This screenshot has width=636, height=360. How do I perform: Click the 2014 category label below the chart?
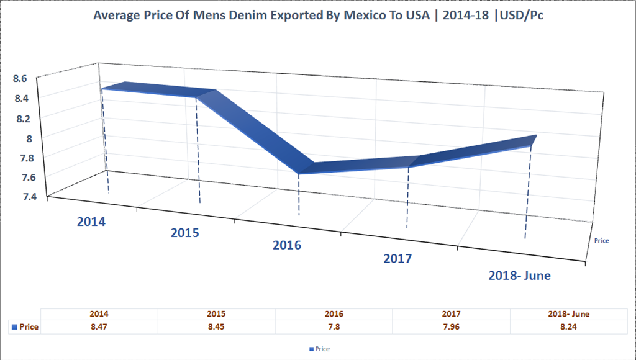91,221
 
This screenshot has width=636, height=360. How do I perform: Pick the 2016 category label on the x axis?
286,245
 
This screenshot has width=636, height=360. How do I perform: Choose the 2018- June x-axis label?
519,275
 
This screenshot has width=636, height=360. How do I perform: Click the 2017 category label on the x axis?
397,259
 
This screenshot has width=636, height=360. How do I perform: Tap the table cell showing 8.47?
99,327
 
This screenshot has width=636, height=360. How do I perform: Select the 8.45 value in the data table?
217,327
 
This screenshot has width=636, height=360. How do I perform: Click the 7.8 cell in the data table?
334,327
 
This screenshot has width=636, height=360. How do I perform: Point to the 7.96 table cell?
452,327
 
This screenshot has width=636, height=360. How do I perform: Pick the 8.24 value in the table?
569,327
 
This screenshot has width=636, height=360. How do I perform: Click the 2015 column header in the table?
217,314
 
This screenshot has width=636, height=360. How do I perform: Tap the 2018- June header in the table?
569,314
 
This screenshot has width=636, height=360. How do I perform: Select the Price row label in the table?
25,327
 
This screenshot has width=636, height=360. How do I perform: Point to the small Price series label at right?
601,240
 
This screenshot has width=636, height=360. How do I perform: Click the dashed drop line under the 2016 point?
299,196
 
